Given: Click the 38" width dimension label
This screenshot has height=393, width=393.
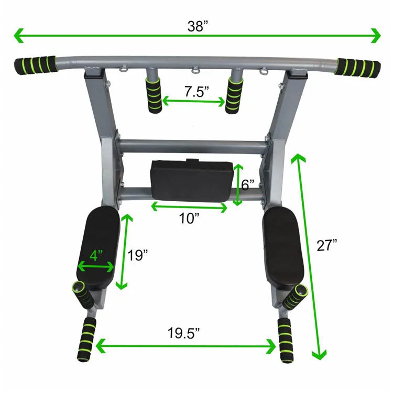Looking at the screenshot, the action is coord(198,26).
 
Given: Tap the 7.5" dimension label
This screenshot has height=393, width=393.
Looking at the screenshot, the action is coord(196,92).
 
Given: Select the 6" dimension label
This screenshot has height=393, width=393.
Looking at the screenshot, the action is coord(248,185).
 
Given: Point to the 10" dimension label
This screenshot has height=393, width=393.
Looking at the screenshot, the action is coord(189,219).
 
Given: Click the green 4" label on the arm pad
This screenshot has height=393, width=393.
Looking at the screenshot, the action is coord(96,256).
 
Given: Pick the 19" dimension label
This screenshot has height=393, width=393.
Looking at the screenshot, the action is coord(138,255).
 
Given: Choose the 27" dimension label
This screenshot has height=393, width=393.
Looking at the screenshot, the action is coord(327,245).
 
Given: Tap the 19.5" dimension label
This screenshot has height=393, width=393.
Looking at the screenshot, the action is coord(183,333).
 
